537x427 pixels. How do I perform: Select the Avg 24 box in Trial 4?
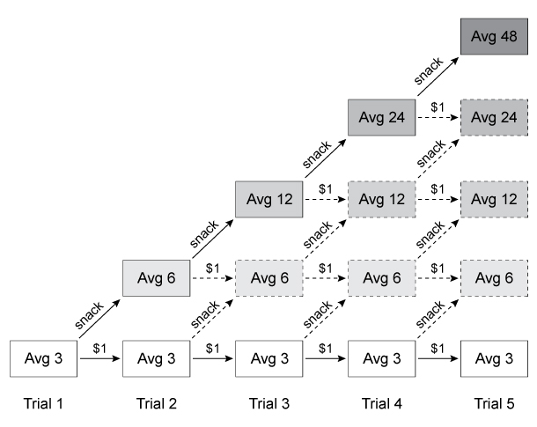[x=382, y=117]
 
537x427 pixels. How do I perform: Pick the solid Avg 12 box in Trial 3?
[x=269, y=198]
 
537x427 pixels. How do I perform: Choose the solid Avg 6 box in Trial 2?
[x=156, y=279]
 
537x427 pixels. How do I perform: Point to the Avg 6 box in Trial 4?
[x=382, y=279]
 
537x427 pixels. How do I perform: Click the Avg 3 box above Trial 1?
[x=43, y=359]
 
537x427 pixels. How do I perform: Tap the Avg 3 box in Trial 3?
[x=269, y=359]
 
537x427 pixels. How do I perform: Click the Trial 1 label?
[x=43, y=404]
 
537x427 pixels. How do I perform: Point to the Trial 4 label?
[x=382, y=404]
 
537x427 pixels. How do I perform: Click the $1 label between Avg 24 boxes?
[x=438, y=107]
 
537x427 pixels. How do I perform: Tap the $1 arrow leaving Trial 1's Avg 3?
[x=99, y=359]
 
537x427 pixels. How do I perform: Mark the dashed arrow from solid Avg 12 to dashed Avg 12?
[x=325, y=198]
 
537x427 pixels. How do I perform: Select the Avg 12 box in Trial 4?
[x=382, y=198]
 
